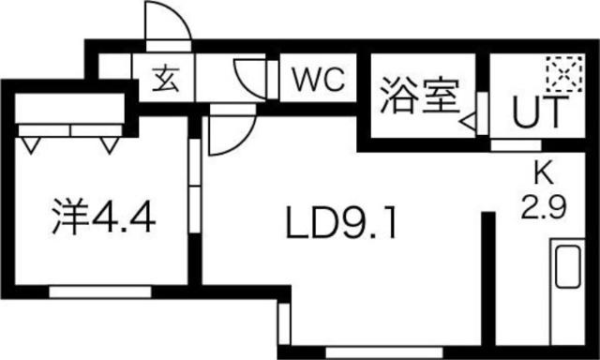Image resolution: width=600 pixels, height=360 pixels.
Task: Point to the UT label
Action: pos(538,114)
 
